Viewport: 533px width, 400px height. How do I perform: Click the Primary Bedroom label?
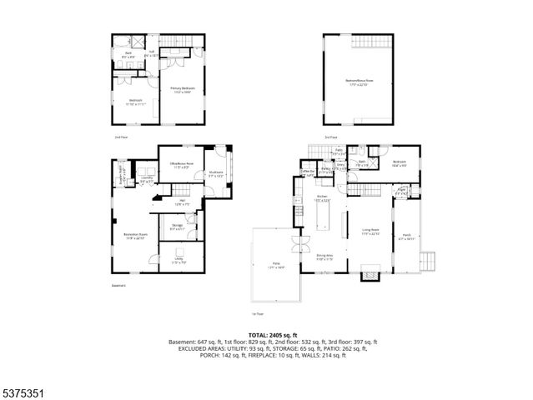183,90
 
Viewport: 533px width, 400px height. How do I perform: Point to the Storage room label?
178,226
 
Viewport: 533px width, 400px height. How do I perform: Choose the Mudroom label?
214,174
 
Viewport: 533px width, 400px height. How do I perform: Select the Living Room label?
371,231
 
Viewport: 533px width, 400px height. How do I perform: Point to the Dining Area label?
324,257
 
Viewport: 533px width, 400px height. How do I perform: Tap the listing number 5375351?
23,390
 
